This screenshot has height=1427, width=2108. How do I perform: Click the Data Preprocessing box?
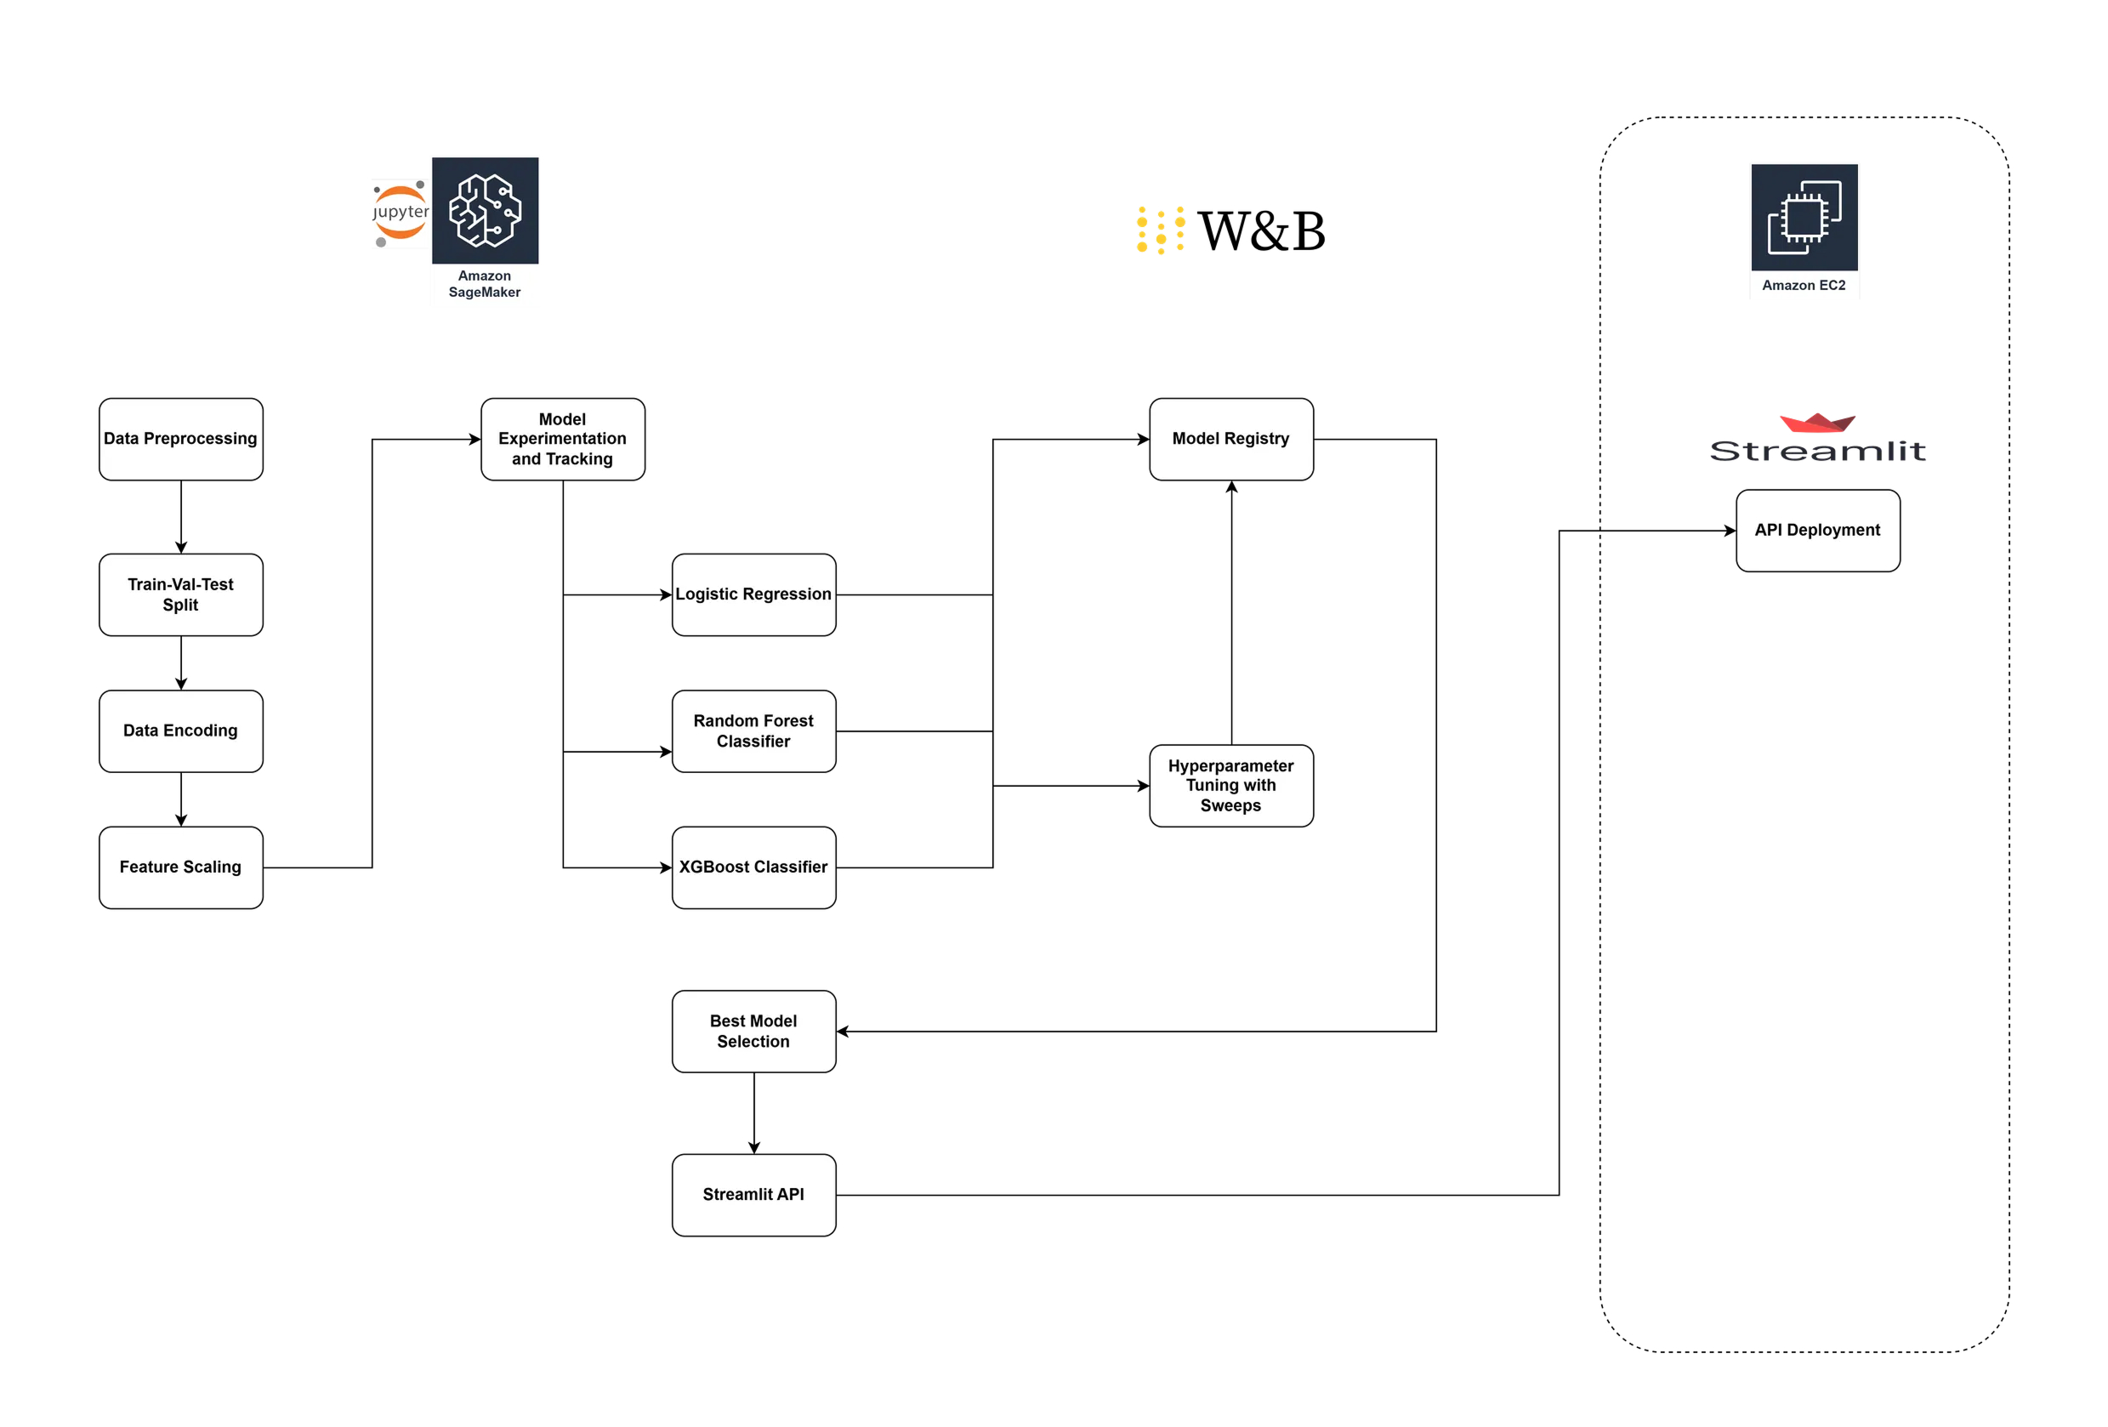pos(180,439)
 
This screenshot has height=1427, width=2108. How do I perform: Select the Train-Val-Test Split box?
pos(180,594)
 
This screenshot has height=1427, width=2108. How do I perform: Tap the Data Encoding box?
pos(180,731)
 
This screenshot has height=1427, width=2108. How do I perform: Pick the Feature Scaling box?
pos(180,867)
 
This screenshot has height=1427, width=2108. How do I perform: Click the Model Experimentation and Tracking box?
pos(562,439)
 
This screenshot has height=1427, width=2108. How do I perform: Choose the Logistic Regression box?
pos(753,594)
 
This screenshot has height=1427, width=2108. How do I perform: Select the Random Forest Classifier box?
pos(753,731)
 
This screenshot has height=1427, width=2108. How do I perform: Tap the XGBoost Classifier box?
pos(753,867)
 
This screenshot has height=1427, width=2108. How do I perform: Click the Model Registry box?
pos(1231,439)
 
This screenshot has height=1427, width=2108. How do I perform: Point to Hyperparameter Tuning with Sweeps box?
pos(1231,786)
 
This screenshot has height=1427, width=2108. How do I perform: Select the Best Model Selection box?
pos(753,1032)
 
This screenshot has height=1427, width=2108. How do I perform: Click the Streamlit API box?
pos(753,1195)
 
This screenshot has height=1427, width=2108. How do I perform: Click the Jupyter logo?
pos(400,213)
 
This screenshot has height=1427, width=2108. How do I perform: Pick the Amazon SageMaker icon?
pos(486,210)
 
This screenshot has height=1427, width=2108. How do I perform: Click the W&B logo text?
pos(1261,230)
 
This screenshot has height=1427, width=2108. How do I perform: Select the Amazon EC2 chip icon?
pos(1804,218)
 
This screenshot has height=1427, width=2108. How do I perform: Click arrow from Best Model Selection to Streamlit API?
pos(753,1113)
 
